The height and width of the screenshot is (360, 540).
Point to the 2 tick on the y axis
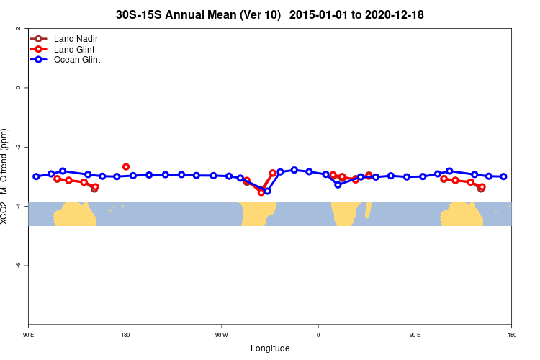(18, 29)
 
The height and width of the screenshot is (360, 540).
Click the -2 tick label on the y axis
(18, 147)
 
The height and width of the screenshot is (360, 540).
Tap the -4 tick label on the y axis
(18, 206)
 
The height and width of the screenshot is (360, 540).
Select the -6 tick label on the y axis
(18, 265)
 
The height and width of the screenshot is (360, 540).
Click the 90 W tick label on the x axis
(221, 335)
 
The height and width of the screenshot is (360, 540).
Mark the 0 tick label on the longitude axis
(318, 335)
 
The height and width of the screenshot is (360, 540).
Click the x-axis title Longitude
(270, 348)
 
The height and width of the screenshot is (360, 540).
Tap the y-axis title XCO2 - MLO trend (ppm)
(6, 176)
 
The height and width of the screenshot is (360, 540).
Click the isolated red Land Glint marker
(126, 167)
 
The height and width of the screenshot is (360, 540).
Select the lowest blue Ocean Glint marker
(267, 191)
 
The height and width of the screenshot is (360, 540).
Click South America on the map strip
(258, 213)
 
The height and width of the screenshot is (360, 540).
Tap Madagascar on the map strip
(369, 210)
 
